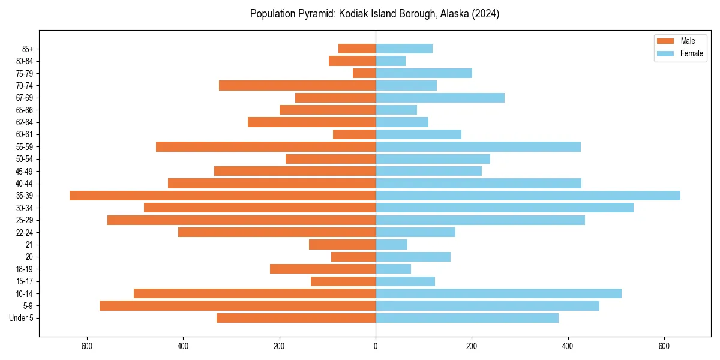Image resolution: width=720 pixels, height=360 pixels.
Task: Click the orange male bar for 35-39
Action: point(223,196)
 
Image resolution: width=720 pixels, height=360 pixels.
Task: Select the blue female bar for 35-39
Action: point(528,196)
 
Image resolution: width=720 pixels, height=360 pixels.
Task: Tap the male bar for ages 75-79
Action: point(364,73)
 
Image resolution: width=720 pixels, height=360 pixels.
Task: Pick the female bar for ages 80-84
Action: point(391,61)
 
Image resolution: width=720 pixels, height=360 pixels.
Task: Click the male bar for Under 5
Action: point(296,318)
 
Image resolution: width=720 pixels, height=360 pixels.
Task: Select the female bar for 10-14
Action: point(499,293)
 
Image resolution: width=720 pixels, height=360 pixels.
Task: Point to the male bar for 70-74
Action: point(297,85)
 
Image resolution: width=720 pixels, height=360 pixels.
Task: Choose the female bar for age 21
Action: point(391,244)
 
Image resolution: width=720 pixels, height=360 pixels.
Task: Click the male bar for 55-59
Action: point(266,146)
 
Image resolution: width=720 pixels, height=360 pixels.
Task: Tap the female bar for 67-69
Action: point(440,98)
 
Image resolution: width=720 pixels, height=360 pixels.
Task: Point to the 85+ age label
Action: point(28,49)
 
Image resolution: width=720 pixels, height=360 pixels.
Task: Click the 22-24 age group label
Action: point(25,232)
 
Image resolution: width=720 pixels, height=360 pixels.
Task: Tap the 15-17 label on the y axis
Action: point(25,281)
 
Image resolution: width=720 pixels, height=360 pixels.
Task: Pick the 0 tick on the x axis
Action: point(376,346)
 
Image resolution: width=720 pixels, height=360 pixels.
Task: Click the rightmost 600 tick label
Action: point(664,346)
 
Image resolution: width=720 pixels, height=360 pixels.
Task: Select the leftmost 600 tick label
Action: point(87,346)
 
